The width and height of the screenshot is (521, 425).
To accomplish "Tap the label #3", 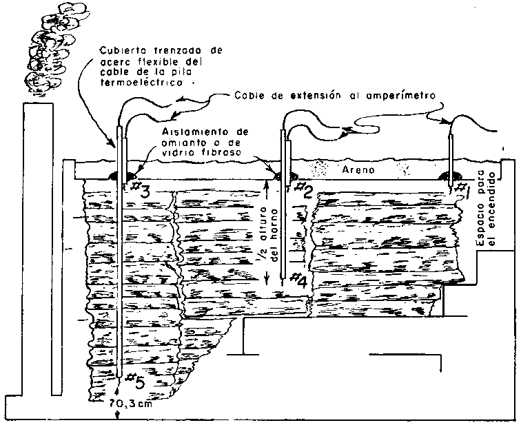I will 140,192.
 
